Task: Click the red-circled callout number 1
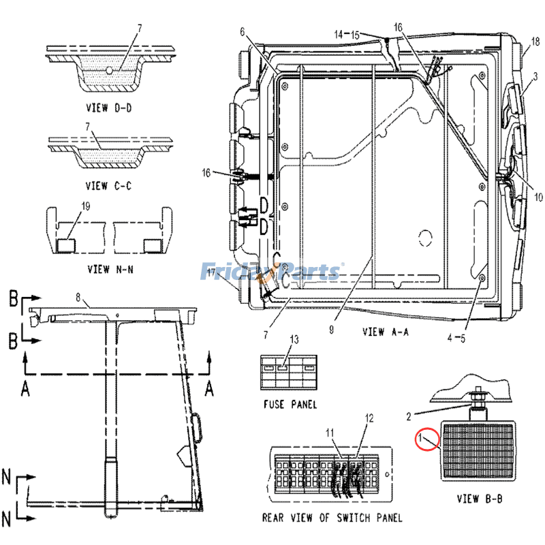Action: click(420, 437)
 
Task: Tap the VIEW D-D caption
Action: click(109, 108)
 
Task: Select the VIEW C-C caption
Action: click(109, 186)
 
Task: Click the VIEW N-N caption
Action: click(110, 269)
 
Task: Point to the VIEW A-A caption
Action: click(386, 332)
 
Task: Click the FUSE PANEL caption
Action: click(290, 404)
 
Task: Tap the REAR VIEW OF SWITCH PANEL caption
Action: click(332, 518)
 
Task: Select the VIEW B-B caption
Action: click(480, 499)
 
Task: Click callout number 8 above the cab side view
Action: click(78, 298)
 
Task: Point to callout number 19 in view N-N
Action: click(86, 206)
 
